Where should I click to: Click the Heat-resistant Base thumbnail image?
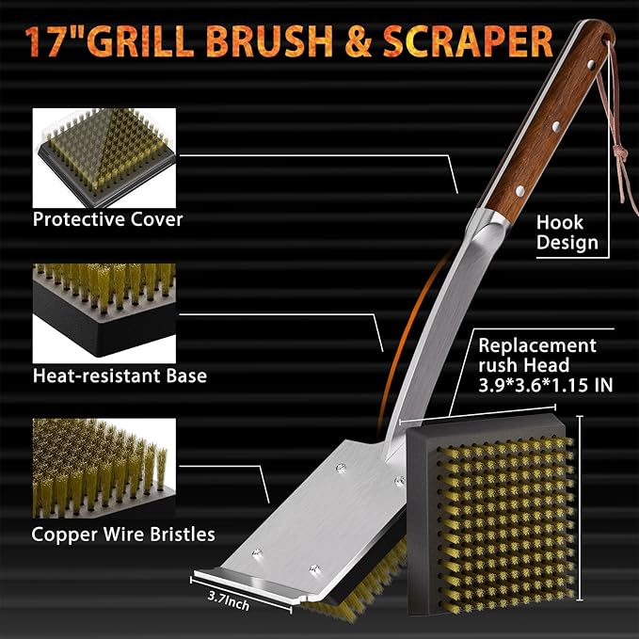tap(104, 308)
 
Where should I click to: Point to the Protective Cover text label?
tap(108, 219)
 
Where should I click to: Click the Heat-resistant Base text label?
tap(120, 375)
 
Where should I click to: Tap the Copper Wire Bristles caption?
tap(123, 534)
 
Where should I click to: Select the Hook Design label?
tap(567, 232)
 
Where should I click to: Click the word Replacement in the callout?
tap(537, 345)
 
